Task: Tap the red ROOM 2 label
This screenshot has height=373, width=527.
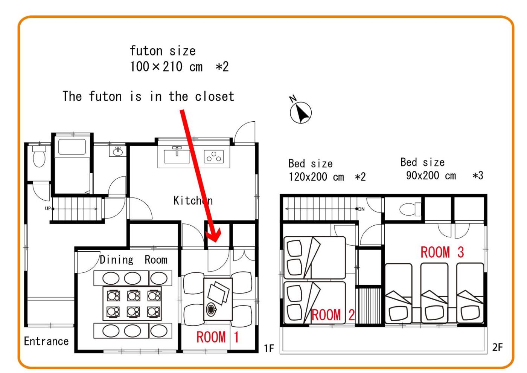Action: (x=333, y=315)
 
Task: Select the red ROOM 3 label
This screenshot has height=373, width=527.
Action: (x=442, y=252)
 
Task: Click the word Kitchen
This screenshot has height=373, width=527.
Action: (x=193, y=200)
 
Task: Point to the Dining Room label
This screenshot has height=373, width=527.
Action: (x=134, y=260)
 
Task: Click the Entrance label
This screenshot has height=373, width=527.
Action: (x=46, y=341)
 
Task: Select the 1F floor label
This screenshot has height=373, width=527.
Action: (x=269, y=348)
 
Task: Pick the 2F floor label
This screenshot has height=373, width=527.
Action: (x=497, y=347)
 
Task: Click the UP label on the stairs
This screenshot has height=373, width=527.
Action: (x=48, y=208)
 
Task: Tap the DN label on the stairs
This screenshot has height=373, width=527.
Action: (x=361, y=209)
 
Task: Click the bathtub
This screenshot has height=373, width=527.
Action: (x=72, y=147)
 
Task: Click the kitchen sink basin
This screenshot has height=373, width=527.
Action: (x=177, y=156)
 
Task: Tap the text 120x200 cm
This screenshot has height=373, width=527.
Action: (x=316, y=177)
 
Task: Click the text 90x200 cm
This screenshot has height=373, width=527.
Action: (x=431, y=176)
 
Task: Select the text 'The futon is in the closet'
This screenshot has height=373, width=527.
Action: (x=148, y=96)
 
